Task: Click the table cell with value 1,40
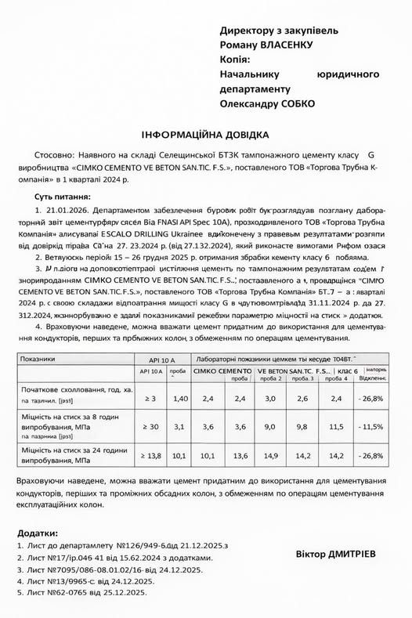click(180, 399)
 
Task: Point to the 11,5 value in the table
click(337, 426)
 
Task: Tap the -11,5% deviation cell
click(371, 426)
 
